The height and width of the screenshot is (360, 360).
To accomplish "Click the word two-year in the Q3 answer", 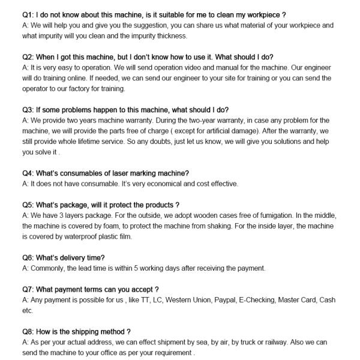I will click(212, 121).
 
